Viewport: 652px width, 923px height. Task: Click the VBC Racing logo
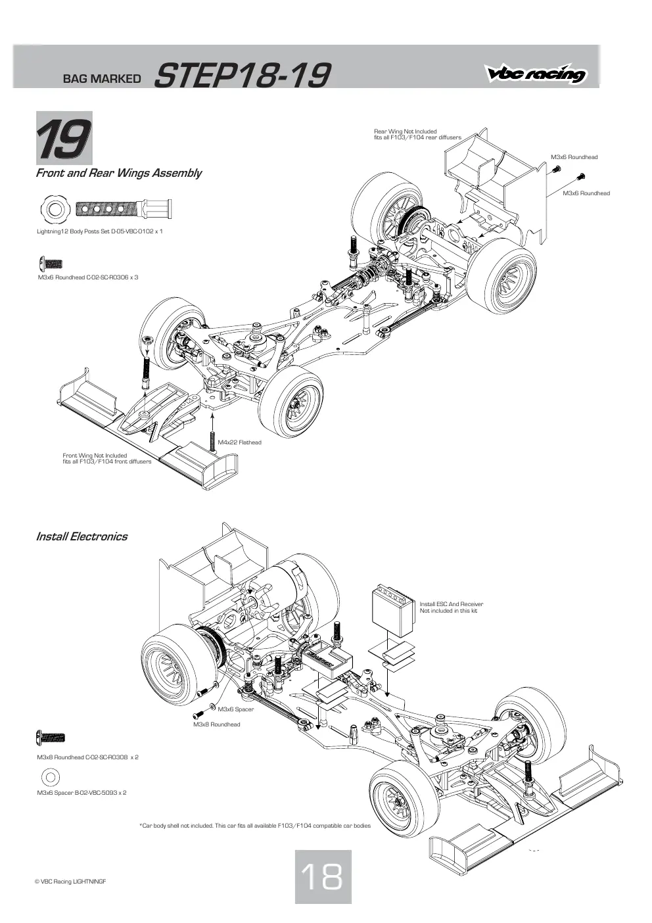(536, 74)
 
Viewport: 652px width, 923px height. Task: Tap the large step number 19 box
(64, 138)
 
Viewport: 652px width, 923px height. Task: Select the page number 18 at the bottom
(323, 876)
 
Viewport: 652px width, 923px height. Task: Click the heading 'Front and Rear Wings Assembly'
(118, 173)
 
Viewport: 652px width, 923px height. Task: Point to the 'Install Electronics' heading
(81, 536)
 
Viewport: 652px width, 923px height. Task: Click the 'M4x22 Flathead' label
(240, 442)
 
